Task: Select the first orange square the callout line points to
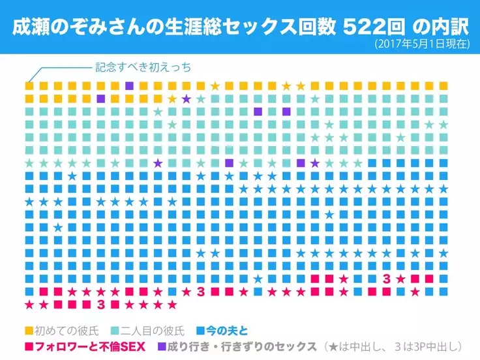(x=29, y=86)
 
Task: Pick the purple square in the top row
(x=129, y=86)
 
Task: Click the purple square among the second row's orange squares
(x=100, y=99)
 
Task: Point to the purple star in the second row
(x=187, y=99)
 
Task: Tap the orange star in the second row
(x=172, y=99)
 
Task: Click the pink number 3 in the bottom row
(x=100, y=304)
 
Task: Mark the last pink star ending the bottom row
(x=172, y=304)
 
